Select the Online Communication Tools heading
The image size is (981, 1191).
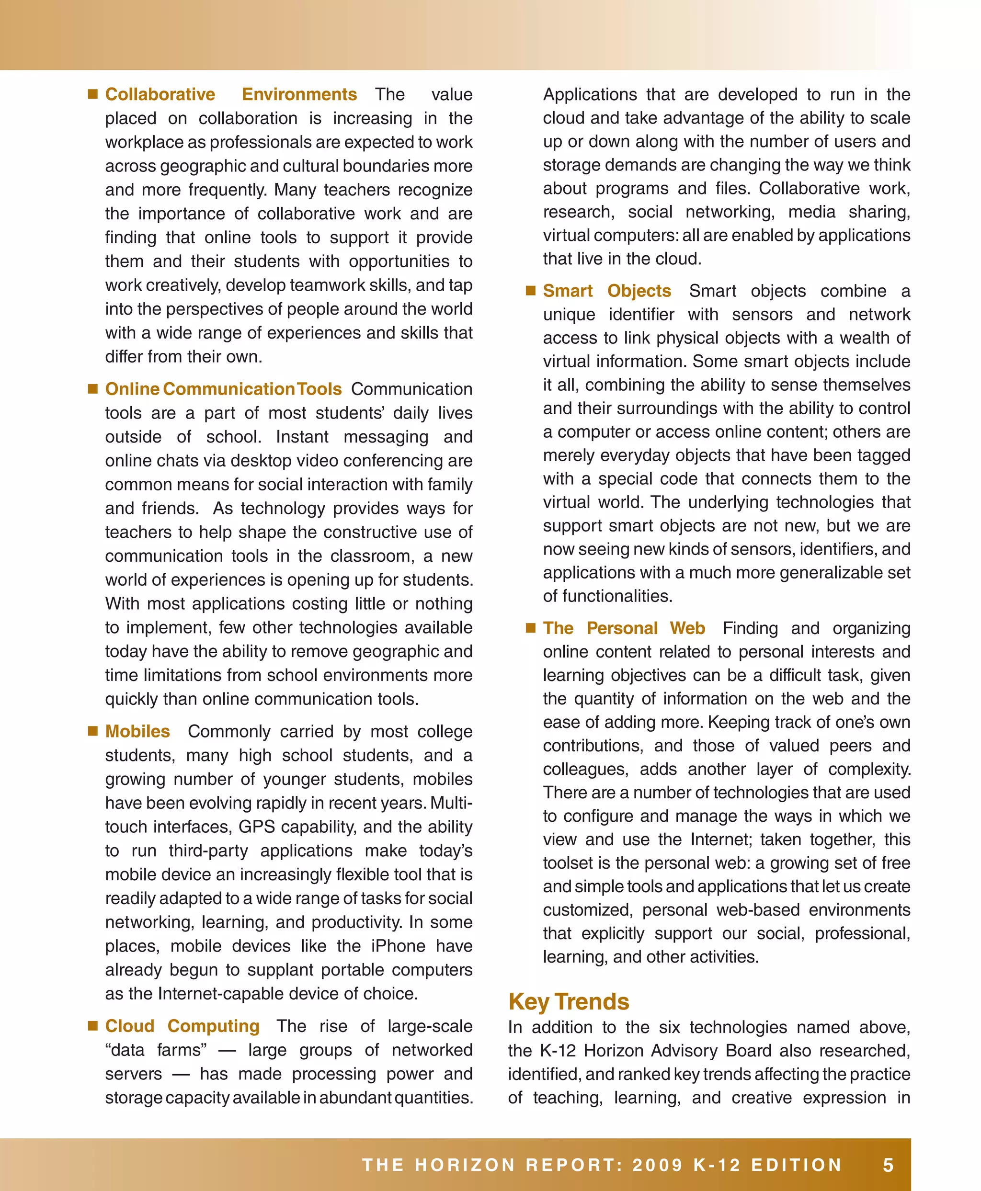coord(223,389)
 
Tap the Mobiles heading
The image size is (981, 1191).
coord(137,731)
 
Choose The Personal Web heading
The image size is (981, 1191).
coord(624,628)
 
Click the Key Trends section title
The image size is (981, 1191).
coord(569,1001)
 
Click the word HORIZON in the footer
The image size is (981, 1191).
coord(465,1165)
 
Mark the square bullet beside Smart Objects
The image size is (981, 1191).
coord(531,290)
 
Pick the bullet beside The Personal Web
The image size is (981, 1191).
coord(531,628)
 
